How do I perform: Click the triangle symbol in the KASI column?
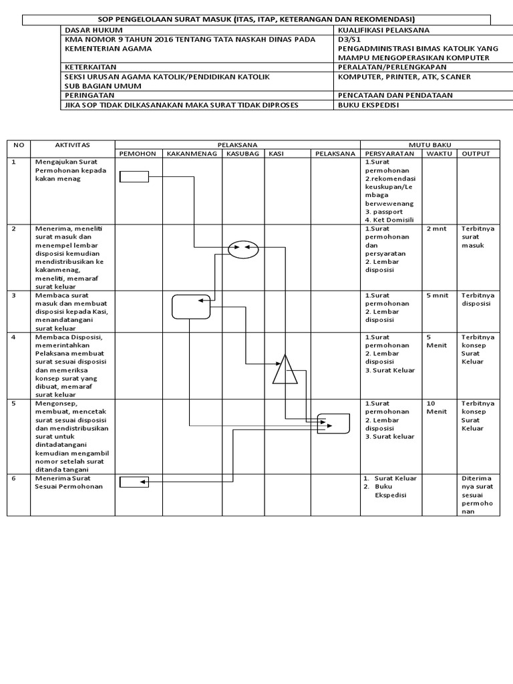click(285, 370)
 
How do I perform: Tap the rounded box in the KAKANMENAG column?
click(190, 307)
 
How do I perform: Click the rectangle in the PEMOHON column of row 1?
click(134, 176)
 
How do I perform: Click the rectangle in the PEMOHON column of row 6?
click(134, 482)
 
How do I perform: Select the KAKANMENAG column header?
click(192, 154)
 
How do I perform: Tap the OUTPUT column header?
click(476, 154)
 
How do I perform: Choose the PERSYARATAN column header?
click(390, 154)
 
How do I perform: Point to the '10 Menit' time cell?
click(436, 407)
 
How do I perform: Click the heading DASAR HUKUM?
click(88, 30)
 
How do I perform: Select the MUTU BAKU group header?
click(430, 144)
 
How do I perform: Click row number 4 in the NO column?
click(13, 337)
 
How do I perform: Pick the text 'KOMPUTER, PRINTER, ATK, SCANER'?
click(404, 77)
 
